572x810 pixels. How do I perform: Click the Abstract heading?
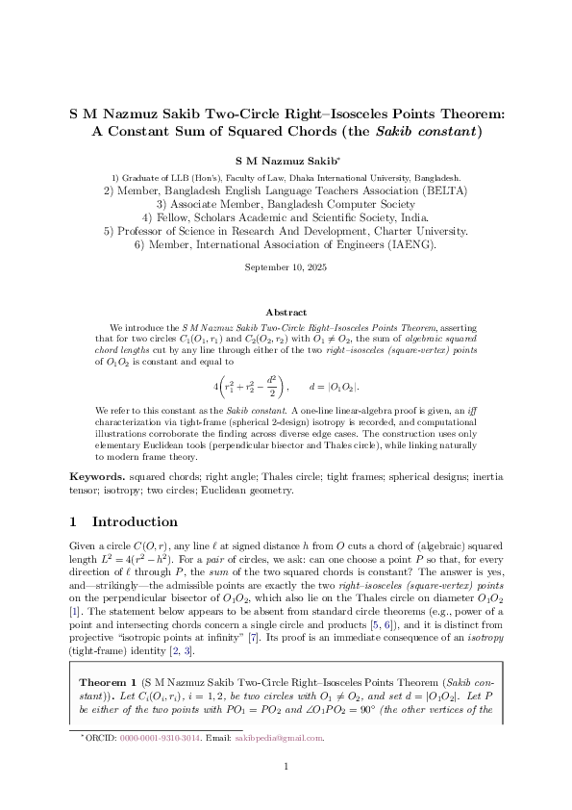pos(286,313)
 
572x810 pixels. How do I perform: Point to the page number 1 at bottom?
pos(286,793)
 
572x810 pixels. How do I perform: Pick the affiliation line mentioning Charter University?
pos(286,231)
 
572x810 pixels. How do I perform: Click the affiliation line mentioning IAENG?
pos(286,244)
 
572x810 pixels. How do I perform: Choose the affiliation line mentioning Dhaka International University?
pos(286,178)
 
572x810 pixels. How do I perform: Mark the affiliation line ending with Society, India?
pos(286,217)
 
